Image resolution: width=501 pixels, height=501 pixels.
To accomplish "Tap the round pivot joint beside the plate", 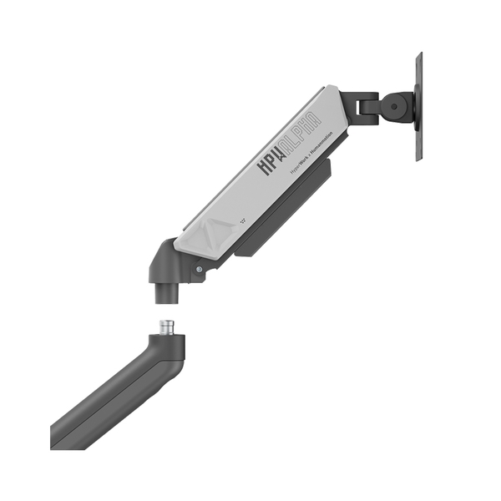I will [396, 106].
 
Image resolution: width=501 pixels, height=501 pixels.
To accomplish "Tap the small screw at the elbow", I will [198, 269].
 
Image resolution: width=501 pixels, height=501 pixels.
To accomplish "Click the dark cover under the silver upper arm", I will [284, 209].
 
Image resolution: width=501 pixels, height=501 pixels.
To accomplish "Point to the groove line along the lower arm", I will [109, 401].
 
